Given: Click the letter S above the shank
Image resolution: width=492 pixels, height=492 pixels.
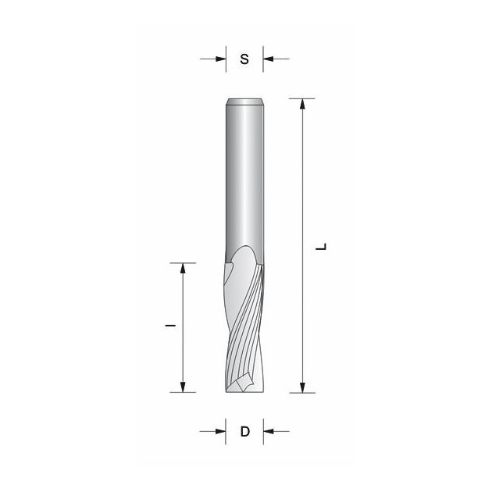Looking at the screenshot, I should point(244,59).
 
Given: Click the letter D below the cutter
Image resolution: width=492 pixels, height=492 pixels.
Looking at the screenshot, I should point(244,431).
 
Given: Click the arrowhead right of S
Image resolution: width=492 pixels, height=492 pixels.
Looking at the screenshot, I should point(269,58).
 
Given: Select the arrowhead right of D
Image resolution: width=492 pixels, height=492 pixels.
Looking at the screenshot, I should point(269,430).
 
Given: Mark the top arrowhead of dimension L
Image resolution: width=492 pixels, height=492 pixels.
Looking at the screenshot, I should point(302,105).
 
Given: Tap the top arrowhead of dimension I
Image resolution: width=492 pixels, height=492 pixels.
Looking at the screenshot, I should point(184,269).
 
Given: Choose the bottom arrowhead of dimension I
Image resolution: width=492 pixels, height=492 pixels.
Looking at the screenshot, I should point(184,386).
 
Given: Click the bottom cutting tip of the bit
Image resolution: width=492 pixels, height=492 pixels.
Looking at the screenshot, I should point(244,389).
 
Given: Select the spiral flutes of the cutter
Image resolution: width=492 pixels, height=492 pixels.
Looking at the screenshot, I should point(246,328).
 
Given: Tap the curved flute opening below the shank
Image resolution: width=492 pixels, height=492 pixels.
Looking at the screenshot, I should point(238,269).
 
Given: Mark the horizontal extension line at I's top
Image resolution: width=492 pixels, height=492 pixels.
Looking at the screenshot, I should point(184,262).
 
